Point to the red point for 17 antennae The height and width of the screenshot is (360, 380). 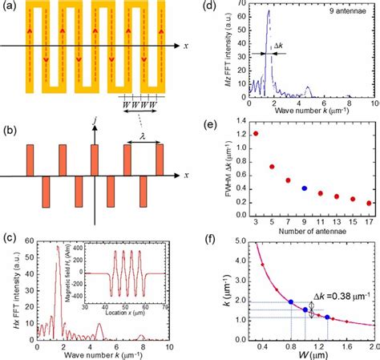[368, 203]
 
